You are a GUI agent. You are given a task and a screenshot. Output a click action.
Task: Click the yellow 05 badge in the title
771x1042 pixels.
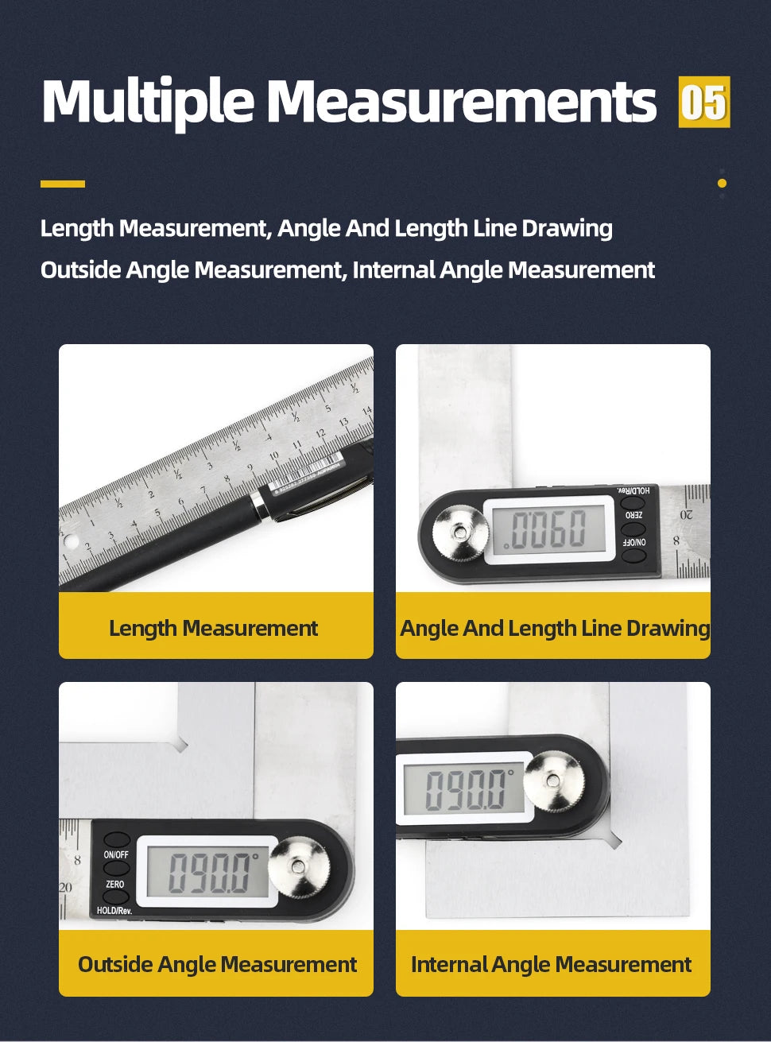click(x=703, y=102)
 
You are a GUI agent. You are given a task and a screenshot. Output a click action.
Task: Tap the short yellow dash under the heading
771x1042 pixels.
click(x=63, y=184)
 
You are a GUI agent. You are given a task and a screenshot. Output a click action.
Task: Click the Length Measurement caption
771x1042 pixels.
click(x=213, y=628)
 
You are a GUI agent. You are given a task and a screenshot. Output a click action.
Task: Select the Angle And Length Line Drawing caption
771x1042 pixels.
click(x=554, y=628)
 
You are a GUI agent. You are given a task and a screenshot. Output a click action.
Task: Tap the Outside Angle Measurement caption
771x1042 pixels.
click(x=217, y=964)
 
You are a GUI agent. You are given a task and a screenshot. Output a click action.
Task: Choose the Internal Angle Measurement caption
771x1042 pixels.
click(x=551, y=964)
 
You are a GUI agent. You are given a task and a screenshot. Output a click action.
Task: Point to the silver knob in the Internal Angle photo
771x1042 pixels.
click(x=553, y=782)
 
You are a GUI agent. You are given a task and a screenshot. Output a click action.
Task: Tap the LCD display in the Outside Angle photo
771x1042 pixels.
click(x=208, y=871)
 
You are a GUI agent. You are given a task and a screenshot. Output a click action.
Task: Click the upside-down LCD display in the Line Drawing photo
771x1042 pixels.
click(x=548, y=529)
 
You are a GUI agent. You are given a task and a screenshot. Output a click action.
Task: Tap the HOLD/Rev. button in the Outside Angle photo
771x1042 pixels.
click(x=116, y=897)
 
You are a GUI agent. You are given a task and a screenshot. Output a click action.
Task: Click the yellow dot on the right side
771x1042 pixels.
click(x=722, y=183)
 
